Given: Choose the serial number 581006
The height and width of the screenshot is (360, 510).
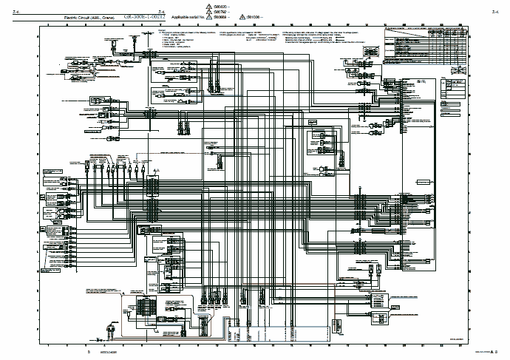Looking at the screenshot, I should point(256,16).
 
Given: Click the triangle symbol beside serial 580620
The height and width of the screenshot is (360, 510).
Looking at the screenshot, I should point(216,7).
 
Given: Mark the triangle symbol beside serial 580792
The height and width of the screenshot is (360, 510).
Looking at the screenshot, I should point(216,11).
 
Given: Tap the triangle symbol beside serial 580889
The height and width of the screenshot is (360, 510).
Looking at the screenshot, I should point(216,16).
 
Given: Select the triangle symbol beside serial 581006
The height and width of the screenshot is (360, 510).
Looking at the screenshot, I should point(245,16).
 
